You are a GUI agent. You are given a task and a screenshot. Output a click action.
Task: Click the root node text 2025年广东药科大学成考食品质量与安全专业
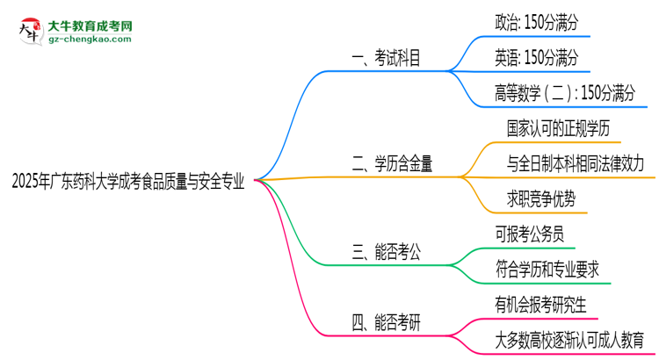(x=128, y=183)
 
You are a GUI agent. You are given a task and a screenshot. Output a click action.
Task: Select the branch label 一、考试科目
(x=385, y=59)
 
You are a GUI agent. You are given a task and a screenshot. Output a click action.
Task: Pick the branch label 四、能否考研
(x=385, y=322)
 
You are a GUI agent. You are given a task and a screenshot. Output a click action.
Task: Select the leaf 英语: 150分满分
(x=537, y=58)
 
